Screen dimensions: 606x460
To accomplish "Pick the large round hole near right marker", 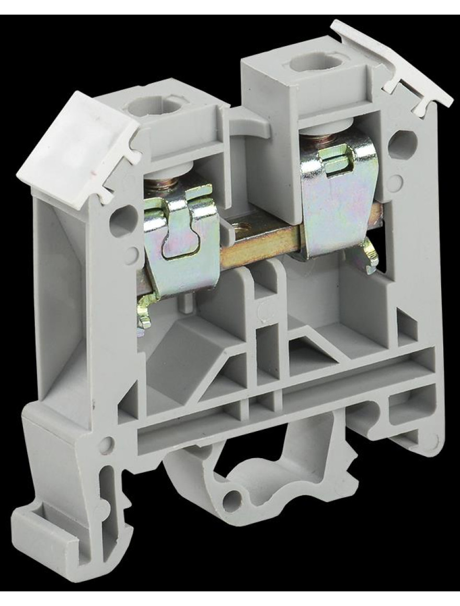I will pos(404,142).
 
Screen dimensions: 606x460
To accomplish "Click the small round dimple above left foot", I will pos(106,445).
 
